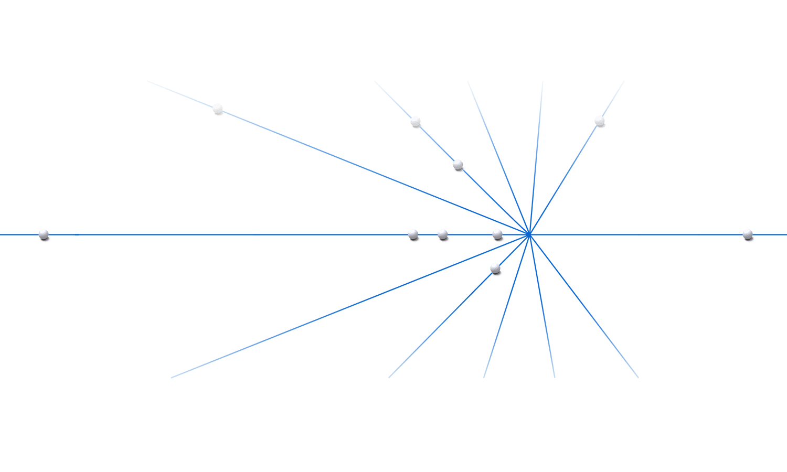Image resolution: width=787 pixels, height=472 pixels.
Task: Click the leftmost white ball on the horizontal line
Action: pos(44,234)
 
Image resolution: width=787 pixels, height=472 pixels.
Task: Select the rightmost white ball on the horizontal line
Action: pos(747,234)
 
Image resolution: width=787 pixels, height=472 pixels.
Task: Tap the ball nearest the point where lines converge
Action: pos(497,234)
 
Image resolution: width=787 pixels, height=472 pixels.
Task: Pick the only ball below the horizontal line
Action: pos(495,269)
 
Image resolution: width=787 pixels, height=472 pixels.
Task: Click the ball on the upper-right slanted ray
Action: pos(599,121)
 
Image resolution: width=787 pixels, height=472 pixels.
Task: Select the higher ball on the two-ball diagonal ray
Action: pos(415,122)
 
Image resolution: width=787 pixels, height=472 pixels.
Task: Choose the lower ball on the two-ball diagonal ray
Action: pos(458,165)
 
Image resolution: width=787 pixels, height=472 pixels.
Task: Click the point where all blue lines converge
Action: pos(529,235)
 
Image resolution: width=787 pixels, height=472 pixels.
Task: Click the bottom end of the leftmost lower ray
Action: pos(172,378)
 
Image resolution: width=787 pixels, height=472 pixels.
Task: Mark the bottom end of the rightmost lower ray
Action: pos(639,378)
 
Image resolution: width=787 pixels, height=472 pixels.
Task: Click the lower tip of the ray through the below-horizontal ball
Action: pos(389,378)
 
